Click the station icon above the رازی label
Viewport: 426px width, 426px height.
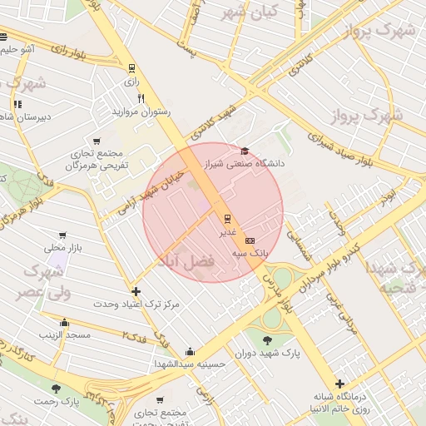click(131, 68)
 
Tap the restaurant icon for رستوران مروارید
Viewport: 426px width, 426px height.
click(141, 98)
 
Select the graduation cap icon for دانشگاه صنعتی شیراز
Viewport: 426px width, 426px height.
click(245, 151)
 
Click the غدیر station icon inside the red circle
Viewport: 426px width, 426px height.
click(226, 219)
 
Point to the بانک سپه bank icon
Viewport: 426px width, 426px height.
click(250, 240)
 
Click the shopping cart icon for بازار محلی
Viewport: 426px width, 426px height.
click(62, 235)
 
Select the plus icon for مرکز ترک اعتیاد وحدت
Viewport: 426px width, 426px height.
click(136, 291)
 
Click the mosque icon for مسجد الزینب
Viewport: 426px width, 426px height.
click(65, 322)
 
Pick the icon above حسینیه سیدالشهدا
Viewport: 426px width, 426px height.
click(190, 351)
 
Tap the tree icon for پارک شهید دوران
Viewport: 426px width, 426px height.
click(267, 340)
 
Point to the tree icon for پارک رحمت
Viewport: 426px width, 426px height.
click(57, 389)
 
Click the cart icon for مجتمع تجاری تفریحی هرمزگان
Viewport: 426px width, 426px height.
click(98, 141)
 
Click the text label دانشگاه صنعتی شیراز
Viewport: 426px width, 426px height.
click(245, 164)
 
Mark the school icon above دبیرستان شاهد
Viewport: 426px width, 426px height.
click(17, 104)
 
